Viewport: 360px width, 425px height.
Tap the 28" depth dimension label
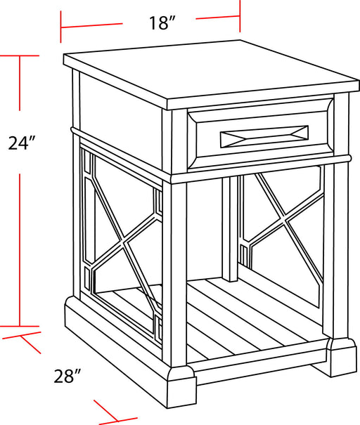click(x=68, y=377)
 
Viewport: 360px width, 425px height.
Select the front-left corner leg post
click(x=174, y=274)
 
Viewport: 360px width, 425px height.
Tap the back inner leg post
click(x=230, y=228)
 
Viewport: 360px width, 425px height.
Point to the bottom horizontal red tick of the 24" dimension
click(x=18, y=326)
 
